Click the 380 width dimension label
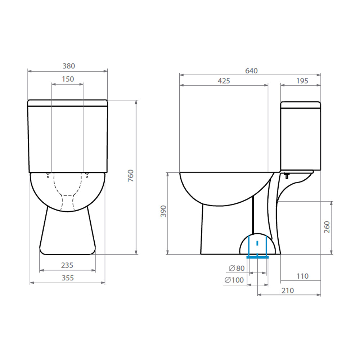[x=69, y=66]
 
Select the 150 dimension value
[x=68, y=79]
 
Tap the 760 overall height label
[x=131, y=176]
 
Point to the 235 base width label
[x=67, y=265]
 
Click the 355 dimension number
[x=67, y=278]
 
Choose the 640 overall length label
[x=251, y=71]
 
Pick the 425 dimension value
[x=224, y=81]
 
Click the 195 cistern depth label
[x=302, y=81]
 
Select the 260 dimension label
[x=327, y=227]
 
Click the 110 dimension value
[x=302, y=276]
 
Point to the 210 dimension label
[x=288, y=291]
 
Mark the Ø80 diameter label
[x=237, y=268]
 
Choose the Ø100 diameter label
[x=234, y=280]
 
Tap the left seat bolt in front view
[x=48, y=175]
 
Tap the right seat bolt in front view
[x=87, y=175]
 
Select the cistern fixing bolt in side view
[x=287, y=176]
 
